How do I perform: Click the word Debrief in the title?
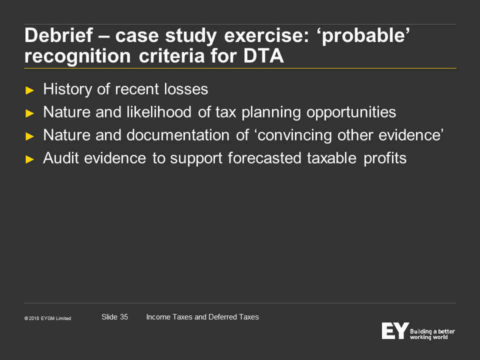click(x=59, y=35)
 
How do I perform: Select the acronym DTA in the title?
click(x=263, y=56)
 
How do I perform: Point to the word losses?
click(x=186, y=89)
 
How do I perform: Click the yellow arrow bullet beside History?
click(x=29, y=90)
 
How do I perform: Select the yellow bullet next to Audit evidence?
click(x=29, y=159)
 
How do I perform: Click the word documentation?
click(x=178, y=135)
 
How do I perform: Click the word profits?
click(x=385, y=158)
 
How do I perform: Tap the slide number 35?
click(x=123, y=317)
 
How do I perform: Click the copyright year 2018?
click(x=34, y=318)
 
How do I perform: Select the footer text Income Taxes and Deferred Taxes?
click(x=202, y=317)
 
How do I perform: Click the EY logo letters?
click(x=395, y=330)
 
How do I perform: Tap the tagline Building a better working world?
click(x=432, y=334)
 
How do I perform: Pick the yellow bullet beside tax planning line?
click(x=29, y=113)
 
